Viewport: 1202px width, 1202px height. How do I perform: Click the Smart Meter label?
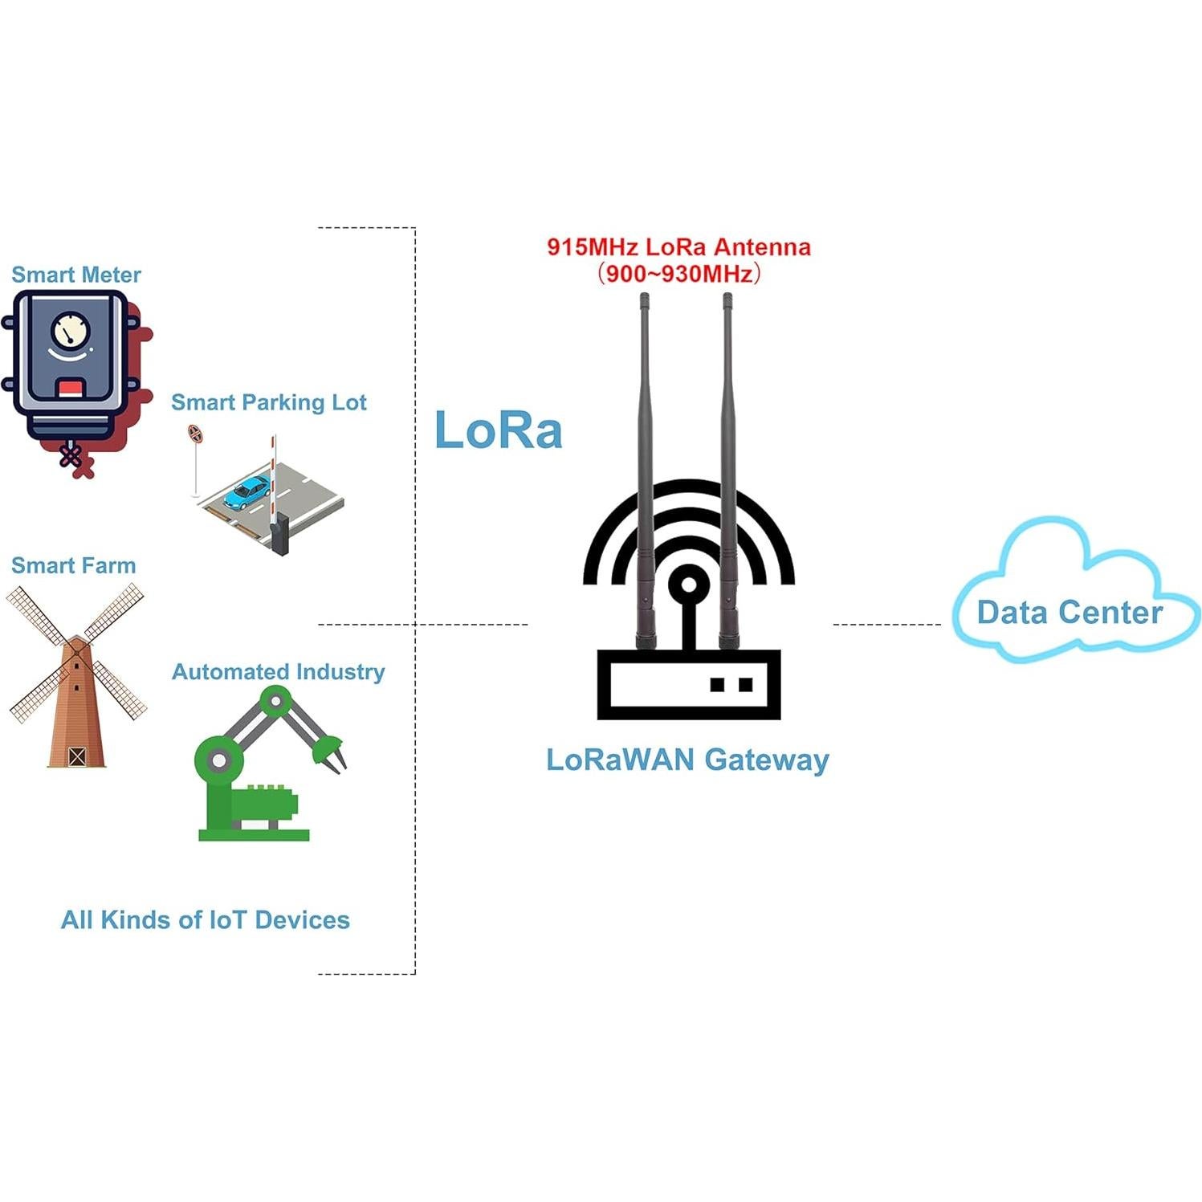tap(76, 275)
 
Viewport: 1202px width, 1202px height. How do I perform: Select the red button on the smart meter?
tap(70, 389)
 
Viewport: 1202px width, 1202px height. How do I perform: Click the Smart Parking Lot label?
tap(268, 402)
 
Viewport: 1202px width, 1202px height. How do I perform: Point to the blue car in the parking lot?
tap(247, 492)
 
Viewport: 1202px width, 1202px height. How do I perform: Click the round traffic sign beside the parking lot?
tap(194, 434)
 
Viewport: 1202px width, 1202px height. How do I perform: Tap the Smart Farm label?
tap(73, 565)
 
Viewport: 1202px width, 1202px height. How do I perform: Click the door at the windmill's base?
tap(76, 756)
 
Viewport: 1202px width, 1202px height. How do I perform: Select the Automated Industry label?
tap(278, 671)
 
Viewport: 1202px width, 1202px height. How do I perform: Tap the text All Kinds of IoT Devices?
tap(206, 919)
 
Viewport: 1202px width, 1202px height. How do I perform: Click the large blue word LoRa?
tap(498, 430)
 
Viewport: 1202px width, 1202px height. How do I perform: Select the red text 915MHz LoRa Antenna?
tap(678, 247)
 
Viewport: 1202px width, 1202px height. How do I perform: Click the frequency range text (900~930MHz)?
tap(678, 274)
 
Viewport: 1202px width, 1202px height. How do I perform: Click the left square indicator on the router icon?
tap(718, 685)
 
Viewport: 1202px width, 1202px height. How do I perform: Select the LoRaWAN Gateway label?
tap(687, 760)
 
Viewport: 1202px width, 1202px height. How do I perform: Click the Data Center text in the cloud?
tap(1070, 613)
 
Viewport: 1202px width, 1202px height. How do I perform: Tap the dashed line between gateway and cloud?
tap(886, 624)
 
